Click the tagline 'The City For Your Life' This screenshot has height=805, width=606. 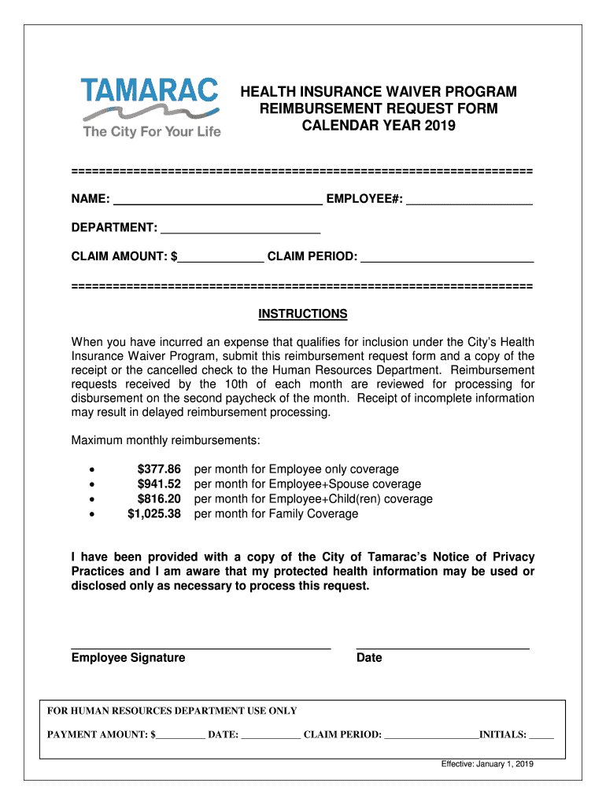(x=152, y=131)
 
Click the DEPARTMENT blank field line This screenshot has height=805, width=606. (x=240, y=230)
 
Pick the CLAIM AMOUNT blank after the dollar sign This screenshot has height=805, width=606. (x=221, y=258)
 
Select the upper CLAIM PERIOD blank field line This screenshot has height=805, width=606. (x=447, y=258)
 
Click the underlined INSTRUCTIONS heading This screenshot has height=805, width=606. (x=303, y=314)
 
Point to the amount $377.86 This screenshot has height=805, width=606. (x=159, y=469)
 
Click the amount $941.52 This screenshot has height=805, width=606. (x=159, y=484)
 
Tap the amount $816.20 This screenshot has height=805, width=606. (x=159, y=499)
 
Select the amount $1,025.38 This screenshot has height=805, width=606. (x=154, y=514)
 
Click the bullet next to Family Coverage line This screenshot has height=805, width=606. (x=94, y=515)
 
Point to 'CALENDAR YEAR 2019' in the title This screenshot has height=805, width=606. (x=379, y=126)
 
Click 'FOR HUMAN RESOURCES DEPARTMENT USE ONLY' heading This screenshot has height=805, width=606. (x=172, y=711)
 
